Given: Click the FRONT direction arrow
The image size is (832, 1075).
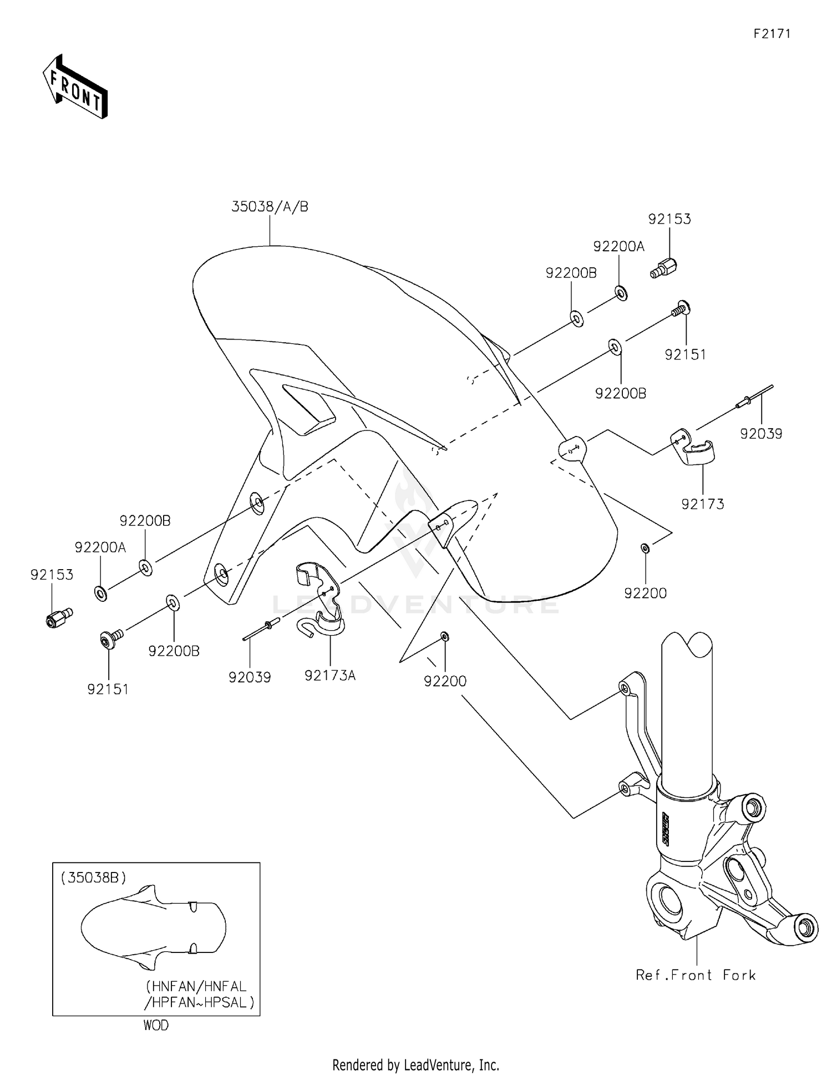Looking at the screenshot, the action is [x=75, y=87].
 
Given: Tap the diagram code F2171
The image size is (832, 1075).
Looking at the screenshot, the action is [x=772, y=33].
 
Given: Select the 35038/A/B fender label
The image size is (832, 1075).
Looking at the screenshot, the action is [x=270, y=207].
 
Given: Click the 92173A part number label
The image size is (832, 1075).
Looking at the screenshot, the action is [x=330, y=675].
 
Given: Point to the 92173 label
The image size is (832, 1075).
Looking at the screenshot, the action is [x=703, y=504].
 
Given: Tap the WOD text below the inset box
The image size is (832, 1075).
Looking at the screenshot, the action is [x=156, y=1025].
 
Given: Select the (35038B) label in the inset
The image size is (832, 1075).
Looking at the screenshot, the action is [x=94, y=878].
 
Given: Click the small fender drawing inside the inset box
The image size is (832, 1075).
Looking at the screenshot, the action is [x=154, y=927].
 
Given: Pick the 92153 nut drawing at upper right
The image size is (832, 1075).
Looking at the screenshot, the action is [x=663, y=268].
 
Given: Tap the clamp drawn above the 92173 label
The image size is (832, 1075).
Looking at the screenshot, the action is [x=692, y=447].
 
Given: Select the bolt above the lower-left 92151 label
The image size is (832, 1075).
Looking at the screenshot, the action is [x=111, y=637].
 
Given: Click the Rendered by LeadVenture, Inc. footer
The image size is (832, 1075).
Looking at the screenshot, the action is [x=416, y=1064].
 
